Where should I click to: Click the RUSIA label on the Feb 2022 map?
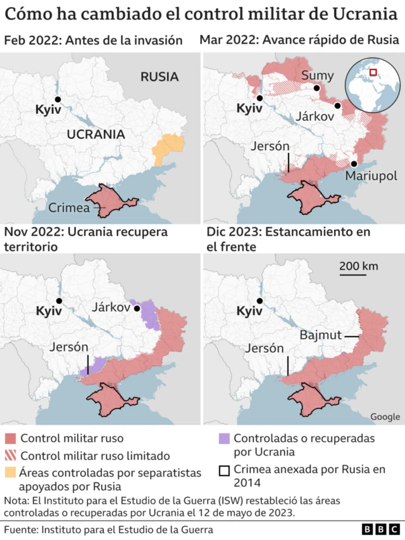click(x=159, y=77)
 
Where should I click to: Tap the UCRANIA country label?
click(x=96, y=135)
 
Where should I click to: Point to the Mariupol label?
click(x=371, y=175)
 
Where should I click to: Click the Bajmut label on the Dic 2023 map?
click(x=321, y=336)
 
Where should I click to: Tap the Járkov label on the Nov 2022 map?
click(x=111, y=307)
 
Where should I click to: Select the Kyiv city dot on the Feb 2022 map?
click(x=58, y=99)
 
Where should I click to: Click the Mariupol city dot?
click(x=352, y=164)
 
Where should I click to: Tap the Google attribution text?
click(x=385, y=416)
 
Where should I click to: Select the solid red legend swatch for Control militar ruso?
click(x=10, y=438)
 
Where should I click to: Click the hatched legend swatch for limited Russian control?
click(x=10, y=455)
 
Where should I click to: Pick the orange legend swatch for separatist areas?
click(x=10, y=472)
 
